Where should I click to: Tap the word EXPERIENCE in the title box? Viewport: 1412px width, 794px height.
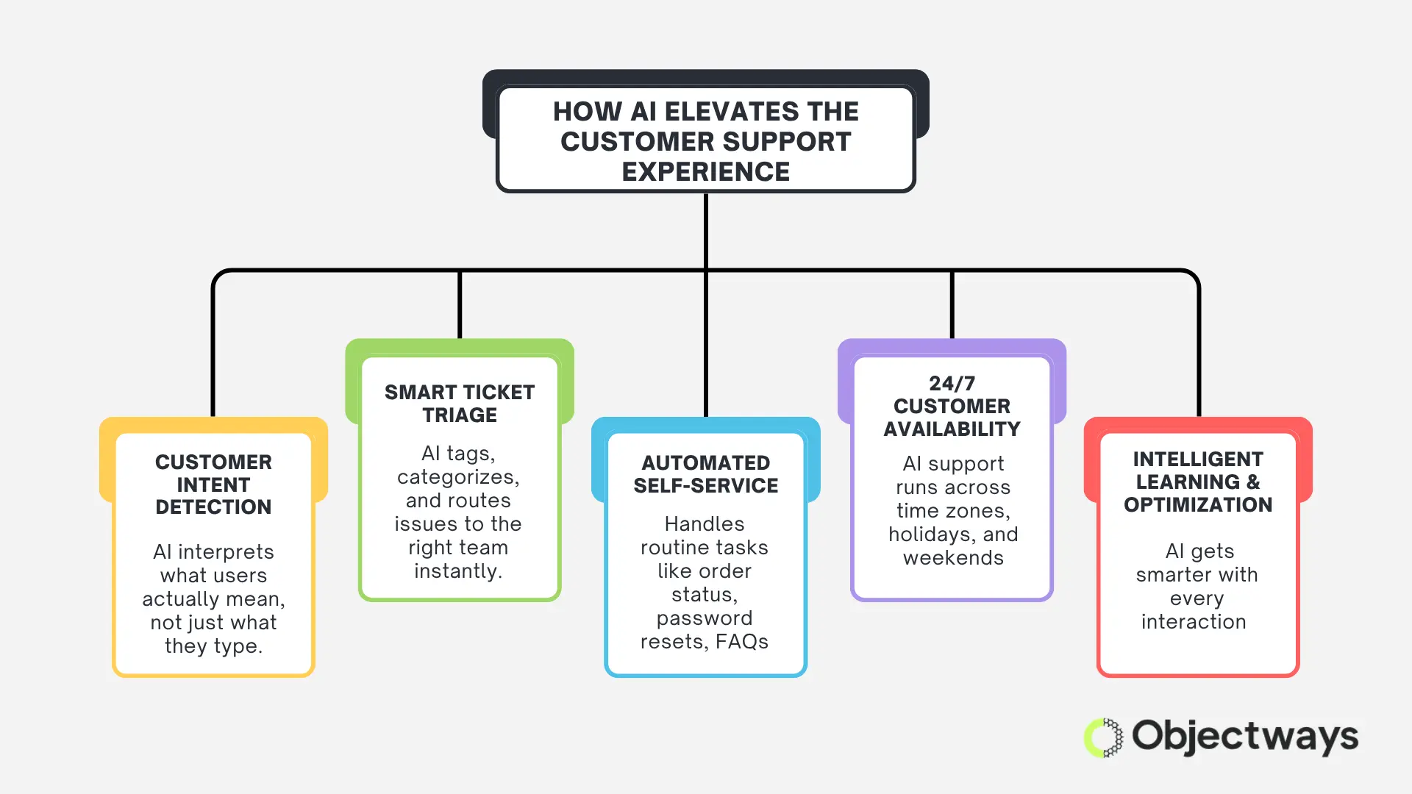pos(705,172)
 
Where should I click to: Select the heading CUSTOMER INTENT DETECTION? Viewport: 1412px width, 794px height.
pos(213,484)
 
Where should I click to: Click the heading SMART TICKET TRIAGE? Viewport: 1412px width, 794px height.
pos(460,404)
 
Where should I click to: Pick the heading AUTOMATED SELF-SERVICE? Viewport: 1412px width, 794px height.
pos(705,474)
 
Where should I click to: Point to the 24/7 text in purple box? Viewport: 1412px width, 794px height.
pos(952,384)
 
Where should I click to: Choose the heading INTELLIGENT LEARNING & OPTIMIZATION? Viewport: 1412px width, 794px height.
pos(1197,482)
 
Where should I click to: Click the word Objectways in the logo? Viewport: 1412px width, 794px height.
pos(1244,737)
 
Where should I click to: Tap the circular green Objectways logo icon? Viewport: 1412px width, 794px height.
pos(1103,737)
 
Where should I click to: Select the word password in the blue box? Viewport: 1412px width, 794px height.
pos(704,618)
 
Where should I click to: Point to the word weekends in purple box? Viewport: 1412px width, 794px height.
pos(953,558)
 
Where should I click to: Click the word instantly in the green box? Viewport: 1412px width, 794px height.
pos(457,571)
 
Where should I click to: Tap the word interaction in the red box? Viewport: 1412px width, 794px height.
pos(1193,622)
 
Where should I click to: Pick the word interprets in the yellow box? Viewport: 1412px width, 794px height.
pos(226,552)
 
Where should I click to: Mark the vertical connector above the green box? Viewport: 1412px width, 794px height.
pos(460,304)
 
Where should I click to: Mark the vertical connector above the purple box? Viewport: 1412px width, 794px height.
pos(952,304)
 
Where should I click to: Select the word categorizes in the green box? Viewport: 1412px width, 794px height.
pos(457,477)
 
